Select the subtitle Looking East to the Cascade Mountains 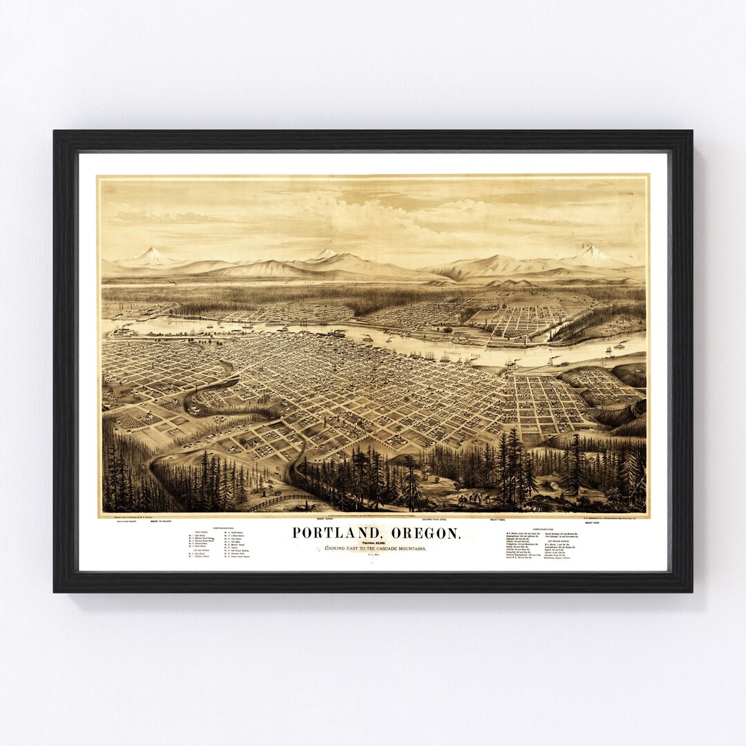376,548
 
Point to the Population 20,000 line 375,543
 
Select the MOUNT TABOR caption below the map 499,519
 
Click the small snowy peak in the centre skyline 325,254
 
